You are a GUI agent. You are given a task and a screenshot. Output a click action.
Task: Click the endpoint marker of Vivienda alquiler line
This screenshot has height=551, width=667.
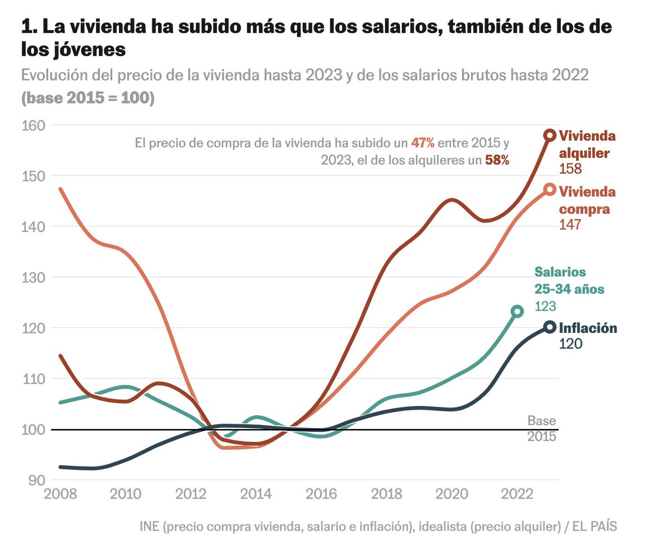pyautogui.click(x=550, y=135)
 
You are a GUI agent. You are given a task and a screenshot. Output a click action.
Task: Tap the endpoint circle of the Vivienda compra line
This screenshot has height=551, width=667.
pyautogui.click(x=550, y=190)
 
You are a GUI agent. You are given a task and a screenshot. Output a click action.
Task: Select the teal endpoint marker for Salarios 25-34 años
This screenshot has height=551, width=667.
pyautogui.click(x=517, y=311)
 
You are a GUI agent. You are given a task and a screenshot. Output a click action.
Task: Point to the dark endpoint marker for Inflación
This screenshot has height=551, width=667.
pyautogui.click(x=550, y=327)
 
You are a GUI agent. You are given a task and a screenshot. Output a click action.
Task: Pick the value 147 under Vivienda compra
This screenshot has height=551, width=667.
pyautogui.click(x=570, y=225)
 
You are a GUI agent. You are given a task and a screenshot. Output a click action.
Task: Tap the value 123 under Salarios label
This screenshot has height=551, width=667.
pyautogui.click(x=545, y=306)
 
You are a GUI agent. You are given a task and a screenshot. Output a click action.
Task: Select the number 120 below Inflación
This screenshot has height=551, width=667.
pyautogui.click(x=570, y=344)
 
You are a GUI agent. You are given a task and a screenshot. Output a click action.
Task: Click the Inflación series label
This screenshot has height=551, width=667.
pyautogui.click(x=588, y=328)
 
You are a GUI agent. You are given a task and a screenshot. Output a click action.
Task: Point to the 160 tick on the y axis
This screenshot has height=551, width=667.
pyautogui.click(x=32, y=125)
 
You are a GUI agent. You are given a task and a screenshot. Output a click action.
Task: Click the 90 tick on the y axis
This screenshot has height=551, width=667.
pyautogui.click(x=36, y=480)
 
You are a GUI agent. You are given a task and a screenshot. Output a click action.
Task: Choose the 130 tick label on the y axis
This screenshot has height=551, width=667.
pyautogui.click(x=32, y=277)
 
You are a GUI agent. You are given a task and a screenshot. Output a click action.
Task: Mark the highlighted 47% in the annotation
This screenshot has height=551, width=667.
pyautogui.click(x=422, y=142)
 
